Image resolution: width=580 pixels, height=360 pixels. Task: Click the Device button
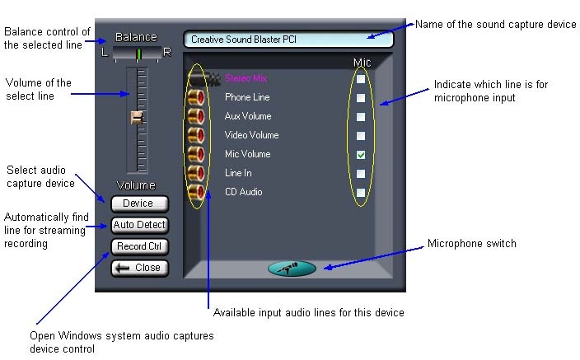coord(138,203)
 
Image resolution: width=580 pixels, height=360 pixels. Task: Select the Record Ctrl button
coord(138,246)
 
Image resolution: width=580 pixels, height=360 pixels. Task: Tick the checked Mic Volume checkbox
coord(361,155)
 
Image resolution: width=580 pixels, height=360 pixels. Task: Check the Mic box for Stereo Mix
coord(361,79)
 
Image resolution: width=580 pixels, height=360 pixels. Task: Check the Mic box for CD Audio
coord(361,193)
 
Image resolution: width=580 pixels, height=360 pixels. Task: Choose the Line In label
coord(238,173)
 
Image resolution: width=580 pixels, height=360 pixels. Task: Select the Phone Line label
coord(246,97)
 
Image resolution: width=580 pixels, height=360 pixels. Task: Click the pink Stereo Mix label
coord(246,78)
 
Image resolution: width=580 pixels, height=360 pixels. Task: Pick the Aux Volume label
coord(248,116)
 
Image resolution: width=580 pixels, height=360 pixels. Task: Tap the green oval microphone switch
coord(292,268)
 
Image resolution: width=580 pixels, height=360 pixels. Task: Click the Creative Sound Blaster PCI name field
coord(288,39)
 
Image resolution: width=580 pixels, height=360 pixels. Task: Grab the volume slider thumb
coord(137,119)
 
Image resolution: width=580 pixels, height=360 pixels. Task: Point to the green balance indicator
coord(138,54)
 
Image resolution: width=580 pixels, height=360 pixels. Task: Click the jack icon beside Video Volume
coord(196,135)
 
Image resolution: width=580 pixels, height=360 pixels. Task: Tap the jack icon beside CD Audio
coord(196,193)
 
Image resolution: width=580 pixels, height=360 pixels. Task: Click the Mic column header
coord(362,63)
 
